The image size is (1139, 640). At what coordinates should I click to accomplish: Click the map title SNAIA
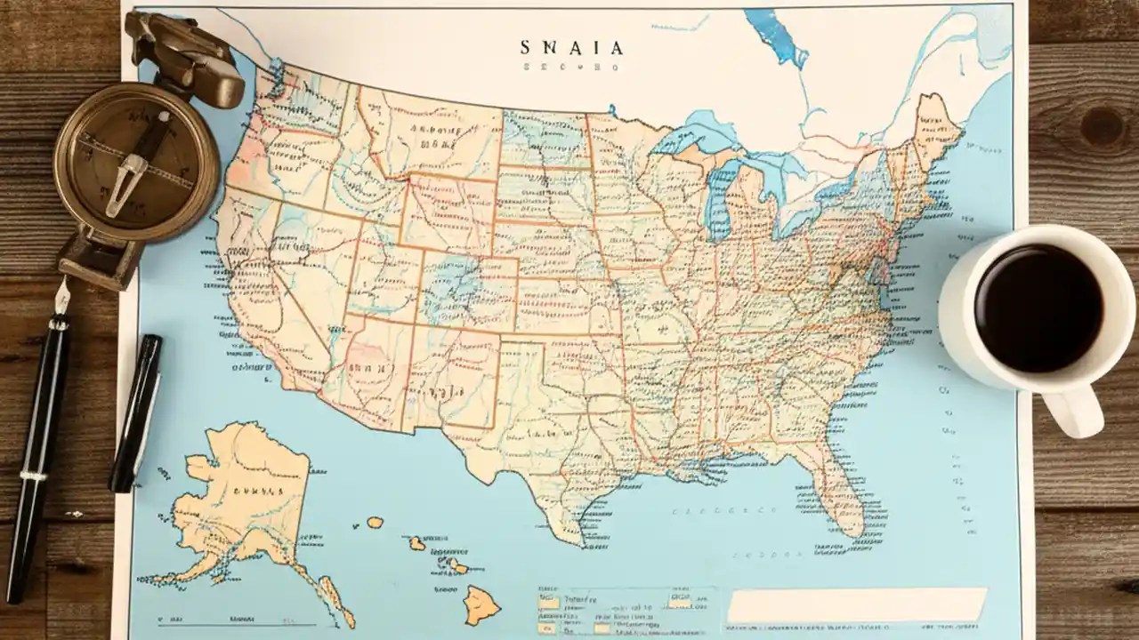point(572,47)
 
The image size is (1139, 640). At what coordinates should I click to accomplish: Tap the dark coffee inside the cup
point(1038,308)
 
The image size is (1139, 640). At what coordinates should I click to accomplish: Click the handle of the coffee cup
point(1073,411)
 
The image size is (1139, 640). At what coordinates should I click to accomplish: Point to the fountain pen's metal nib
point(62,298)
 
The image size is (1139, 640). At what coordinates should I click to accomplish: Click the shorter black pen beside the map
point(135,413)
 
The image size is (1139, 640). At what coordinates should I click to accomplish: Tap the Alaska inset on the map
point(240,498)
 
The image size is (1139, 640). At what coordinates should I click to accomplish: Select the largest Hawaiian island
point(481,604)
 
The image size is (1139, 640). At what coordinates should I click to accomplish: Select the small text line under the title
point(572,67)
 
